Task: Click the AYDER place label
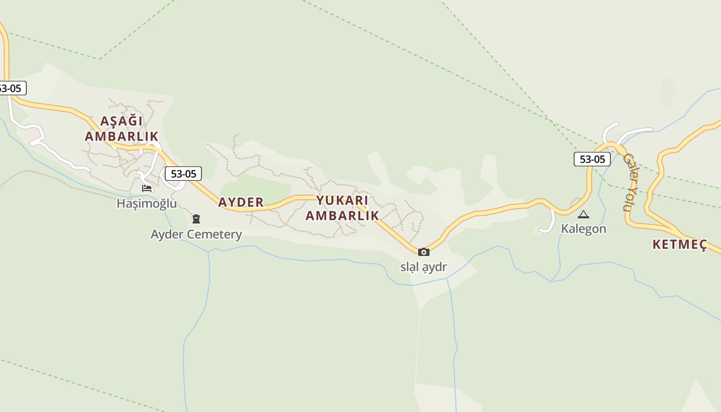(x=241, y=202)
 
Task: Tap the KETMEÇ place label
(x=679, y=245)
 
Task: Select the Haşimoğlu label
(x=146, y=203)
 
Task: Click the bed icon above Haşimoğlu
(x=147, y=188)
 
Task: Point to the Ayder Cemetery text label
(x=196, y=235)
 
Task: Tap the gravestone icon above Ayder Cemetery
(x=196, y=219)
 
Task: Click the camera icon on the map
(x=424, y=252)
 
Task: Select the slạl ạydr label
(x=424, y=267)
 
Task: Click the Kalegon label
(x=583, y=229)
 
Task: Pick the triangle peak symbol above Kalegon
(x=583, y=214)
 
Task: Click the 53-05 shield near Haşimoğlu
(x=183, y=174)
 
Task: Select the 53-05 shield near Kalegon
(x=592, y=159)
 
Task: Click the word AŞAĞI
(x=121, y=122)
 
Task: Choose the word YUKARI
(x=342, y=200)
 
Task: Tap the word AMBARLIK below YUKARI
(x=342, y=216)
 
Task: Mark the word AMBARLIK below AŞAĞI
(x=122, y=136)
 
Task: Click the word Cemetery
(x=216, y=235)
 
